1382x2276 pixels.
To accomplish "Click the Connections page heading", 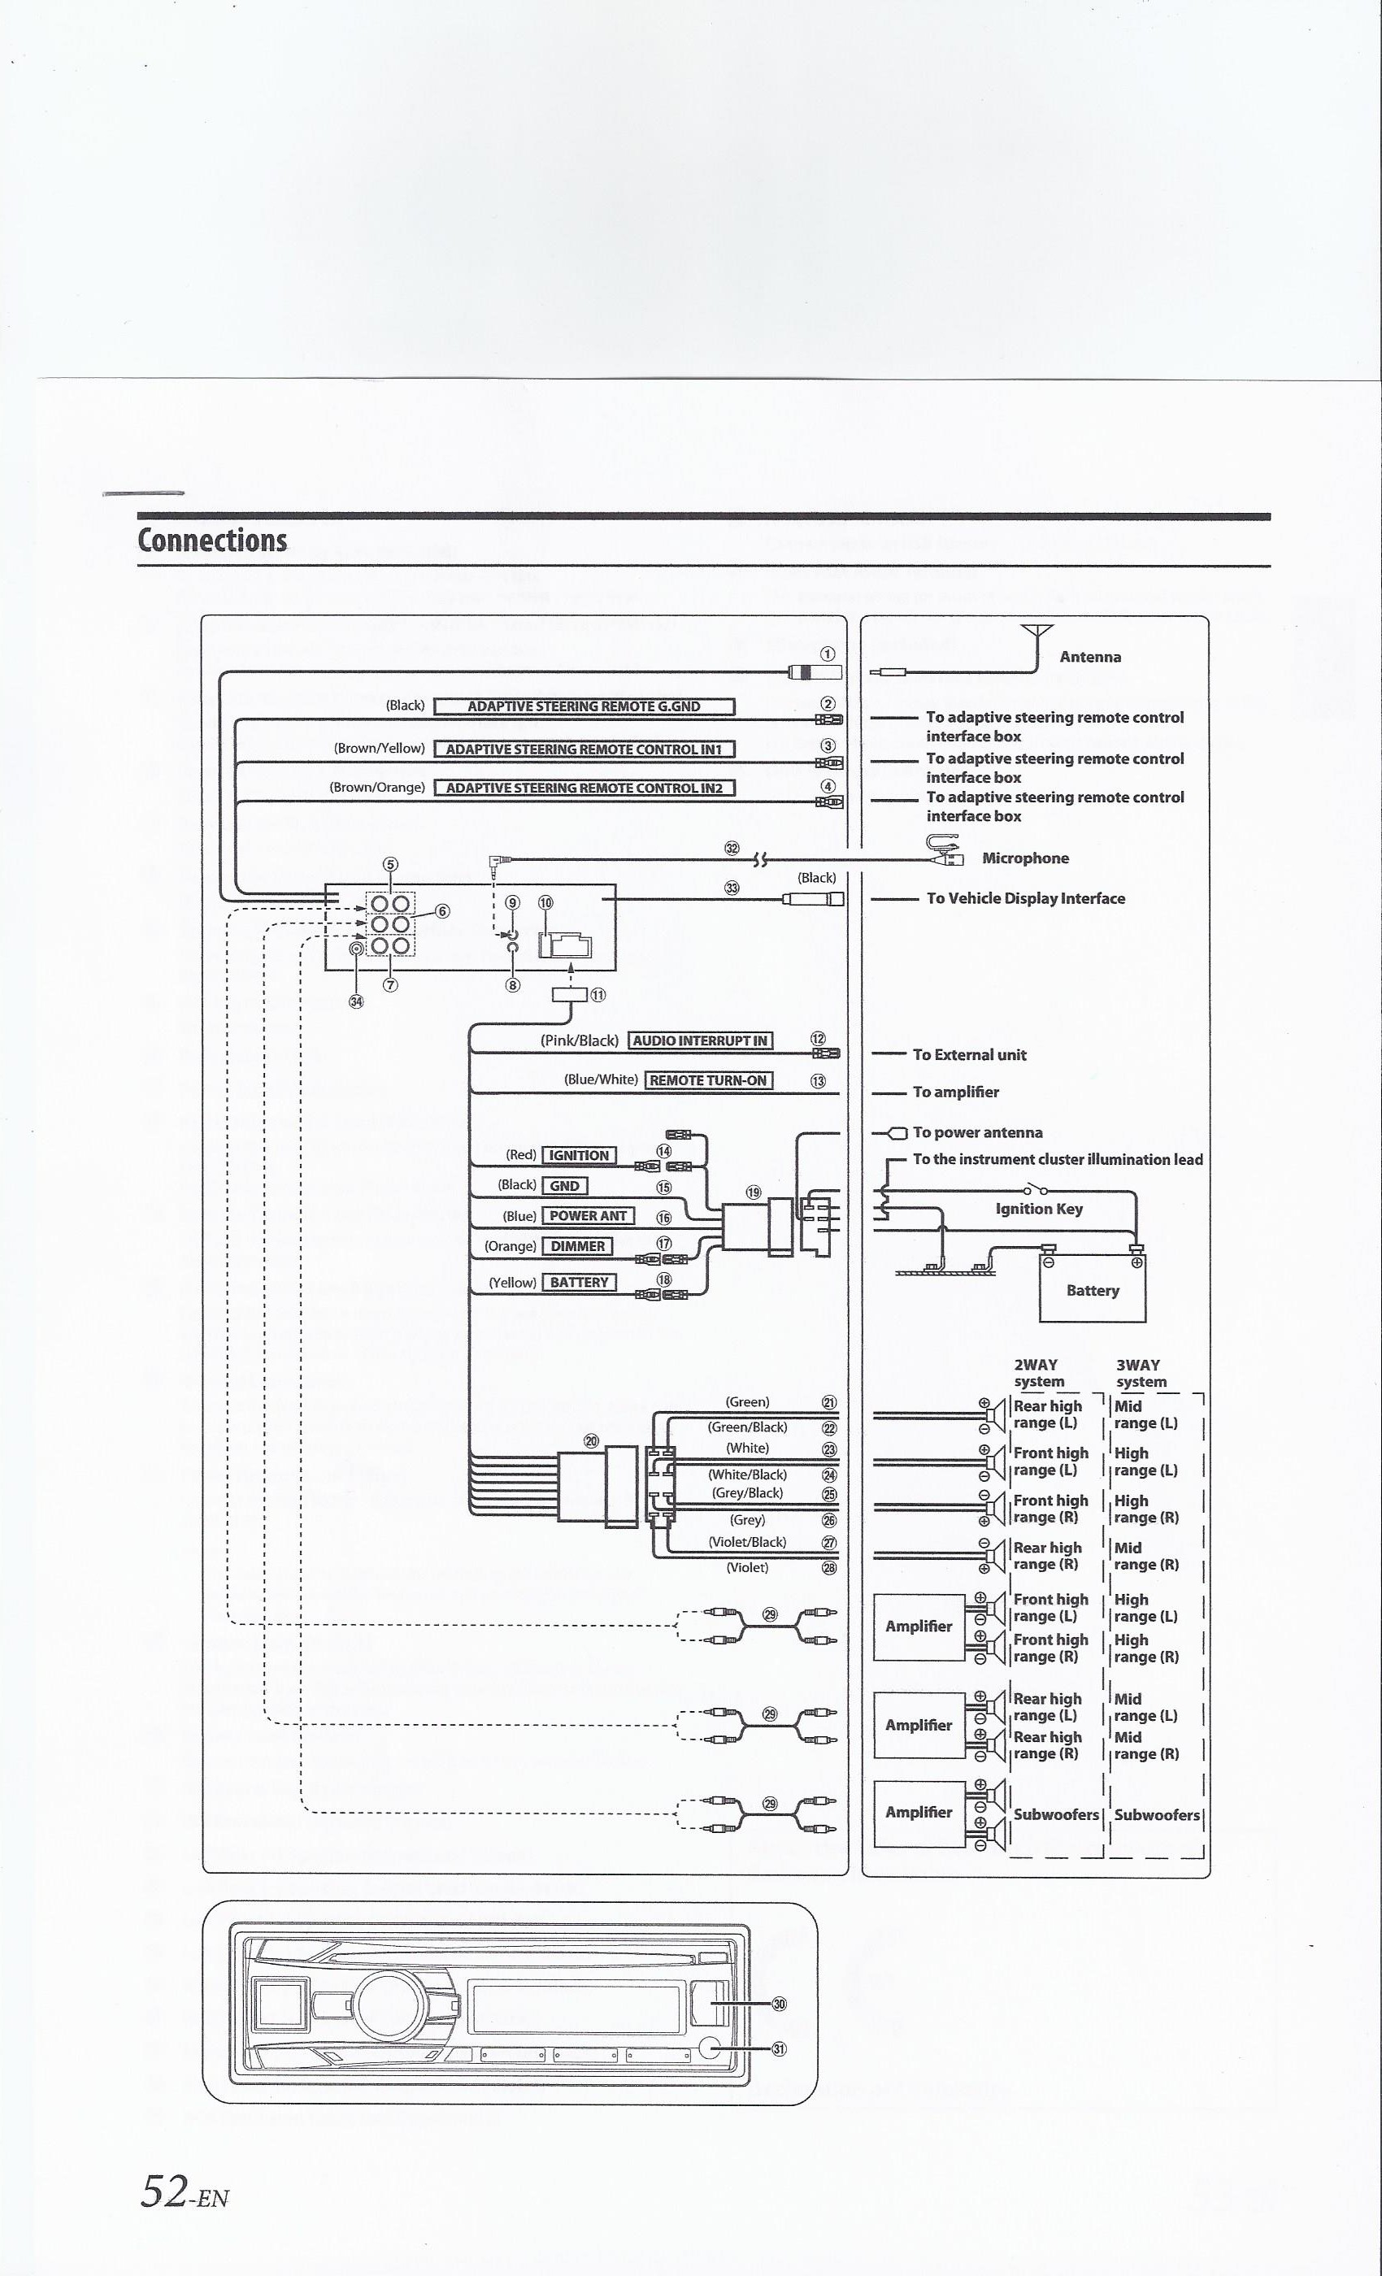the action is [x=212, y=541].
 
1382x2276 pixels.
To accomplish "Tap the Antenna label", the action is [x=1090, y=657].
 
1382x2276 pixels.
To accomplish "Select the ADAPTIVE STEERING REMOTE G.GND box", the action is [x=584, y=706].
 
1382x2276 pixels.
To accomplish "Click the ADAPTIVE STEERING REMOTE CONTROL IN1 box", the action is [x=584, y=749].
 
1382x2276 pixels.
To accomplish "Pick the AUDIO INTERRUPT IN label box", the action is [x=700, y=1041].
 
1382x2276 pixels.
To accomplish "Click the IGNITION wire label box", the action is [x=579, y=1156].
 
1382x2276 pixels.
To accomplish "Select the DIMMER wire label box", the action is [x=577, y=1246].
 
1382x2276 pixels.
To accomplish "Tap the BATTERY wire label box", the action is [x=579, y=1282].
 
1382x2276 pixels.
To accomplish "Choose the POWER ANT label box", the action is [x=589, y=1215].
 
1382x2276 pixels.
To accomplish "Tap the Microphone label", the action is [x=1025, y=858].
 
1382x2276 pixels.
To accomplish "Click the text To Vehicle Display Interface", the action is [x=1025, y=898].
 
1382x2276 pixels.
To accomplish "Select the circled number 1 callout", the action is [x=828, y=654].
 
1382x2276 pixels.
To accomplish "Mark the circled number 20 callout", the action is [x=591, y=1441].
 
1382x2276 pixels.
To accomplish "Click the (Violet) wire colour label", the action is [x=747, y=1567].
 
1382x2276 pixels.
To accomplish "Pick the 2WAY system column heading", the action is [x=1038, y=1373].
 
